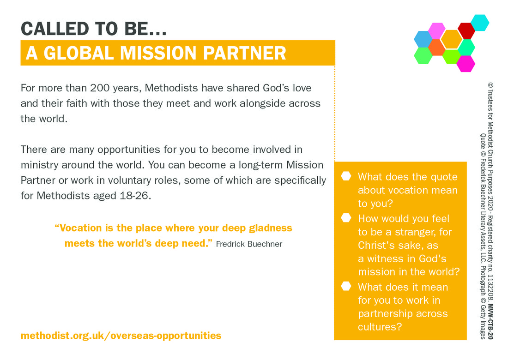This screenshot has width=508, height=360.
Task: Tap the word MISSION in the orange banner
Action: tap(158, 53)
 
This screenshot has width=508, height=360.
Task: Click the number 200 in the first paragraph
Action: tap(100, 88)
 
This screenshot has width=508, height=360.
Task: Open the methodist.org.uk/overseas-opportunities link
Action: tap(121, 336)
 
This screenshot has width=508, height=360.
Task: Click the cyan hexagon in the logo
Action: tap(480, 23)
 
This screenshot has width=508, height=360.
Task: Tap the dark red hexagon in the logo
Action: tap(466, 31)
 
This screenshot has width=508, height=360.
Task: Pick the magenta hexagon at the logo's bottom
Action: tap(466, 63)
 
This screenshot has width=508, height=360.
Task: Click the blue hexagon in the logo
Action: tap(423, 39)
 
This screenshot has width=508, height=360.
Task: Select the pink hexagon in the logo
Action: tap(437, 31)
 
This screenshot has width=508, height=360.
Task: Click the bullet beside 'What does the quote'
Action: tap(346, 176)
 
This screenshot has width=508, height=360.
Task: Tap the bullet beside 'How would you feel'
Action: tap(346, 217)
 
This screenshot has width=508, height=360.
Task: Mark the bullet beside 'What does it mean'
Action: tap(346, 286)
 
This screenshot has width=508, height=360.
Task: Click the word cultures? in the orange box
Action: tap(380, 327)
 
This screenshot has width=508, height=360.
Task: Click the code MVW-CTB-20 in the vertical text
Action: tap(491, 322)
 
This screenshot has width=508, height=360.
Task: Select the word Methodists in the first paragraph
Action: tap(171, 88)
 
